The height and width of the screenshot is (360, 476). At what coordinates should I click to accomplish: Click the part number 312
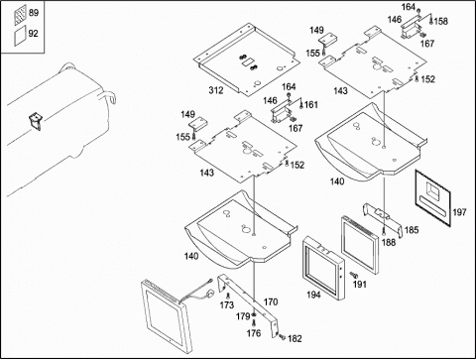point(216,90)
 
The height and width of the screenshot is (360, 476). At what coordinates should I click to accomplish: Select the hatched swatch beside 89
point(20,15)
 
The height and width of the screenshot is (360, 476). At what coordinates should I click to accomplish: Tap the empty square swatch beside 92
point(20,37)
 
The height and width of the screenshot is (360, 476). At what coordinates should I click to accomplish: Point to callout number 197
point(459,212)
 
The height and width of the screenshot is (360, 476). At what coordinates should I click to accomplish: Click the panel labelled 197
point(432,197)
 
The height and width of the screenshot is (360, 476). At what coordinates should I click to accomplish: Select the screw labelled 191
point(354,274)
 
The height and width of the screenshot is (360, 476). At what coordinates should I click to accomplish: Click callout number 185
point(412,230)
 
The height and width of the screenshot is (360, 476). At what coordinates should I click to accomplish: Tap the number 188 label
point(389,243)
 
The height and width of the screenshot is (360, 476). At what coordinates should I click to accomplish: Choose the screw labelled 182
point(282,337)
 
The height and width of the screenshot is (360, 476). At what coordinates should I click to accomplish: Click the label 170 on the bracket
point(271,301)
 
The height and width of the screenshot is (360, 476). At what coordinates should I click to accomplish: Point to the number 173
point(227,304)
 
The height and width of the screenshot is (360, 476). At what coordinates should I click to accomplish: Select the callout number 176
point(254,333)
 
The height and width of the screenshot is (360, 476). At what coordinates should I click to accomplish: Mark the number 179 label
point(243,316)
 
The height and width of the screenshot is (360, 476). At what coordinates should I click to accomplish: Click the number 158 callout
point(441,21)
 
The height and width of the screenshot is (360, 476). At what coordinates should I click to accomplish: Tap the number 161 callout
point(311,105)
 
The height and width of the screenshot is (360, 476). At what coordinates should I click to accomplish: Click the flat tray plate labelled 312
point(246,60)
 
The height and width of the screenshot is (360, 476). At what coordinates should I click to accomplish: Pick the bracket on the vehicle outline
point(35,121)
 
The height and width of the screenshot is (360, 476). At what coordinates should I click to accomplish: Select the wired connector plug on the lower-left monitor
point(210,294)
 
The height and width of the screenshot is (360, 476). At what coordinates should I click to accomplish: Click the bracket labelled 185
point(383,219)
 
